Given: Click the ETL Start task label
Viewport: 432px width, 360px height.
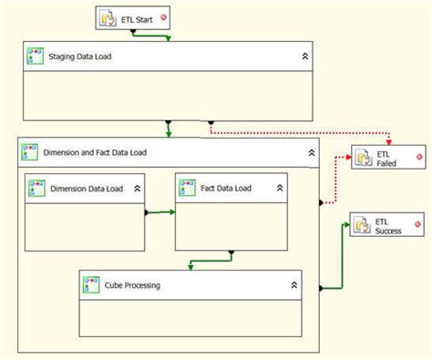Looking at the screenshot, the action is [137, 20].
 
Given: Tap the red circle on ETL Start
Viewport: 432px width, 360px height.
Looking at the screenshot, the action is [163, 17].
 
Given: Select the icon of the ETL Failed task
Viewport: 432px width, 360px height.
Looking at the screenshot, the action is [364, 157].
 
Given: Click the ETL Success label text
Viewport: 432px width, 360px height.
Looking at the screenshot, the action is [388, 226].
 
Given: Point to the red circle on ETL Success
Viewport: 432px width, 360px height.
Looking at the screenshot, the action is [417, 224].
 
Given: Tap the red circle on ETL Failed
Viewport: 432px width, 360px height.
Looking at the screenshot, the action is [419, 157].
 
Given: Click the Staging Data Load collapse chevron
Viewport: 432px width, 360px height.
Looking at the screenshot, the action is [305, 57].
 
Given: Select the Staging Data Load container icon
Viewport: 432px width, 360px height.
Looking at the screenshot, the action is [35, 57].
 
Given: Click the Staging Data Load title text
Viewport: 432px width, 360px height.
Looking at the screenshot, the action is [80, 57].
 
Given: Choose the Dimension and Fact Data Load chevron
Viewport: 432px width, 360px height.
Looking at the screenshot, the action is [312, 152].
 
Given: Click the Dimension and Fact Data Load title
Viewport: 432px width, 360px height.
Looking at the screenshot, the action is [95, 152].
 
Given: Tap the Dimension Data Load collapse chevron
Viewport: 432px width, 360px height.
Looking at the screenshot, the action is [137, 189].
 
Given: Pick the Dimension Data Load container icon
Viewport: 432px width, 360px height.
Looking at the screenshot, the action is [36, 188].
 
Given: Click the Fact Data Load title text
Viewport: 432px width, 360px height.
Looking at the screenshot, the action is [226, 189].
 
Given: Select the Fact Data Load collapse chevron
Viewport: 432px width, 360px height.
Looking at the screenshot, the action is [280, 188].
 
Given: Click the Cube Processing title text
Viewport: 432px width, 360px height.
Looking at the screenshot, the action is [132, 285].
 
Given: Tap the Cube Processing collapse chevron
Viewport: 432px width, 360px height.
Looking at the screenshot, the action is [293, 285].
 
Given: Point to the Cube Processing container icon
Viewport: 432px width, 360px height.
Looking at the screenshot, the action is [91, 284].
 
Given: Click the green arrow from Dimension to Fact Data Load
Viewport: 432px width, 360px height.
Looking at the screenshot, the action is [160, 212].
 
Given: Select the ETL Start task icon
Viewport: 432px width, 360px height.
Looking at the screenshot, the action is [108, 19].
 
